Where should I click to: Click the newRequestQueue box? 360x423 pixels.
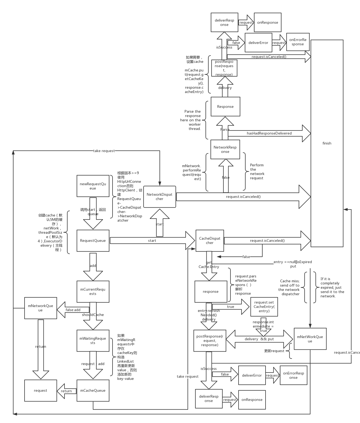point(93,186)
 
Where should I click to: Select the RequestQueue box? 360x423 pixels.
point(93,240)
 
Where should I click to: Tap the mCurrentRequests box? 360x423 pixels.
point(93,291)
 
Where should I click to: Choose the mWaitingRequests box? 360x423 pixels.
point(93,341)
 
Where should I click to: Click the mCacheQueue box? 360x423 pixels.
point(93,390)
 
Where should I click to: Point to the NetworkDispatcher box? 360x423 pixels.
point(159,197)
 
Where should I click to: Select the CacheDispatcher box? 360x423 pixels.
point(210,240)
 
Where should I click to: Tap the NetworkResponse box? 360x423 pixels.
point(225,149)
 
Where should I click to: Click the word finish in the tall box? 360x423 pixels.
point(327,143)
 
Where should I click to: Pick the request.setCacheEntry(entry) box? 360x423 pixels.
point(264,307)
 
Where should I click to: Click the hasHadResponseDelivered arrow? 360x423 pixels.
point(269,133)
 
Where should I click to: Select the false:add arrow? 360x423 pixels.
point(73,310)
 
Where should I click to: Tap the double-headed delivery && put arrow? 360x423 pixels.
point(259,339)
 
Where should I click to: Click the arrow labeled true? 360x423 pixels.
point(231,307)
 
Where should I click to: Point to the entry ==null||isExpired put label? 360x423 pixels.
point(293,264)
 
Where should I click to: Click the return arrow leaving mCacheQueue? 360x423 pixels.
point(67,391)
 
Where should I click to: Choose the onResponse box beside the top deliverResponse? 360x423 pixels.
point(267,22)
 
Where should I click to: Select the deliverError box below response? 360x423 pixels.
point(252,375)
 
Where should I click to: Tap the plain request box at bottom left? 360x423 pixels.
point(40,390)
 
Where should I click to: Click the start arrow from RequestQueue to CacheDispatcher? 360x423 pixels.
point(152,240)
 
